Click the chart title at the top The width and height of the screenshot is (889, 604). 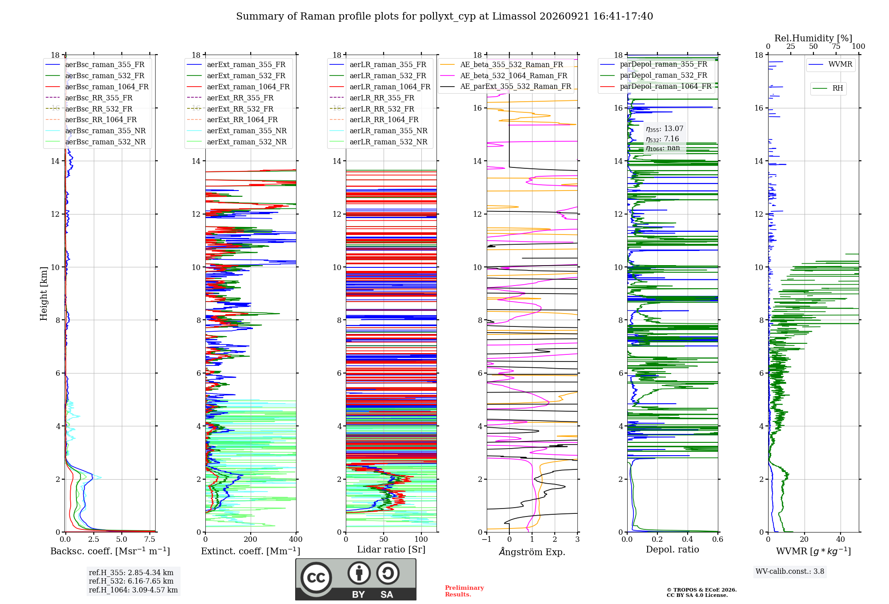(x=444, y=16)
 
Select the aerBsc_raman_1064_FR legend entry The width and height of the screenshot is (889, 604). (x=97, y=87)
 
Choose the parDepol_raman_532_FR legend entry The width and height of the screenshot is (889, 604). (x=653, y=75)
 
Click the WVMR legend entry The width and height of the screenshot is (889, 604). (x=830, y=64)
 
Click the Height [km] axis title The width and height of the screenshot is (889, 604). (x=44, y=294)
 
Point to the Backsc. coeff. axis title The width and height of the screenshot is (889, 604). (x=110, y=551)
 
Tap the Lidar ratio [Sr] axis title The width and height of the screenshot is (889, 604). (x=391, y=549)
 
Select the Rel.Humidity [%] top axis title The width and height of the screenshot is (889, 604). (x=813, y=38)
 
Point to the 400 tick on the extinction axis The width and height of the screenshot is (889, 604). (x=296, y=539)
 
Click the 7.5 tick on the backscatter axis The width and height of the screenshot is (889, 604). (x=150, y=539)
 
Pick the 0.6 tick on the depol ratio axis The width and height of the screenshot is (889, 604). (x=718, y=539)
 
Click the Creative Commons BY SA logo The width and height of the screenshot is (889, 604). (x=356, y=580)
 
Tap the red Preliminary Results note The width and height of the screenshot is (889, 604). (x=465, y=591)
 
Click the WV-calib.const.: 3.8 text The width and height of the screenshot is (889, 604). (x=790, y=571)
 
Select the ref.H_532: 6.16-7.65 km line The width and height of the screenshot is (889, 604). (x=131, y=581)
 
